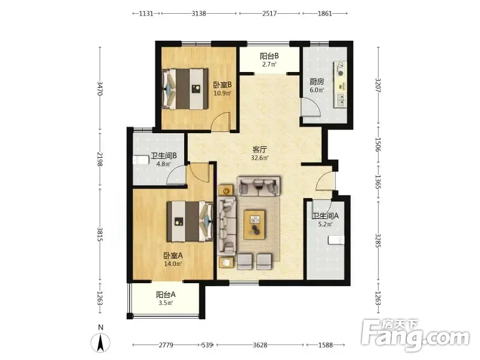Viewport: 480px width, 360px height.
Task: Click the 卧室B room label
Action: coord(222,85)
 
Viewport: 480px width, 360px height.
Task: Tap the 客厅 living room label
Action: coord(260,149)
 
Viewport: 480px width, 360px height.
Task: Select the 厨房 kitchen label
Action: coord(317,82)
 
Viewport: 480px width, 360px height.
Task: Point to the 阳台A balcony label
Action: coord(166,295)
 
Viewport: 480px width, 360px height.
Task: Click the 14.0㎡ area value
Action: coord(173,264)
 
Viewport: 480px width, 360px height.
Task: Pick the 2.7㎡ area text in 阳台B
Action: coord(269,64)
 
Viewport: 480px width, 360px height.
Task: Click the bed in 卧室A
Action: coord(190,221)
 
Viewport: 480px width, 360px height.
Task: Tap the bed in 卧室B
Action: coord(185,89)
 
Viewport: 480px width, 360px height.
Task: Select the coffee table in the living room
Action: coord(254,224)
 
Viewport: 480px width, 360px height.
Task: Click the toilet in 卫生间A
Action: coord(336,240)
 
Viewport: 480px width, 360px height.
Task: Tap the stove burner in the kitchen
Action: coord(340,68)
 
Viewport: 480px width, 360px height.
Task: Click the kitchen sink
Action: coord(340,99)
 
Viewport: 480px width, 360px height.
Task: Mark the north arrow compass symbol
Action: coord(100,342)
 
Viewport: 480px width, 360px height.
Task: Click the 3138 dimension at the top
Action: coord(199,13)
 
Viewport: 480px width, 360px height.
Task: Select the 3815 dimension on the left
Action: coord(100,234)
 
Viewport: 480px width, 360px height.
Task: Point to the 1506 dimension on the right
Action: coord(378,145)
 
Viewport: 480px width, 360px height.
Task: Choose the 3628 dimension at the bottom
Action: coord(260,345)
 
